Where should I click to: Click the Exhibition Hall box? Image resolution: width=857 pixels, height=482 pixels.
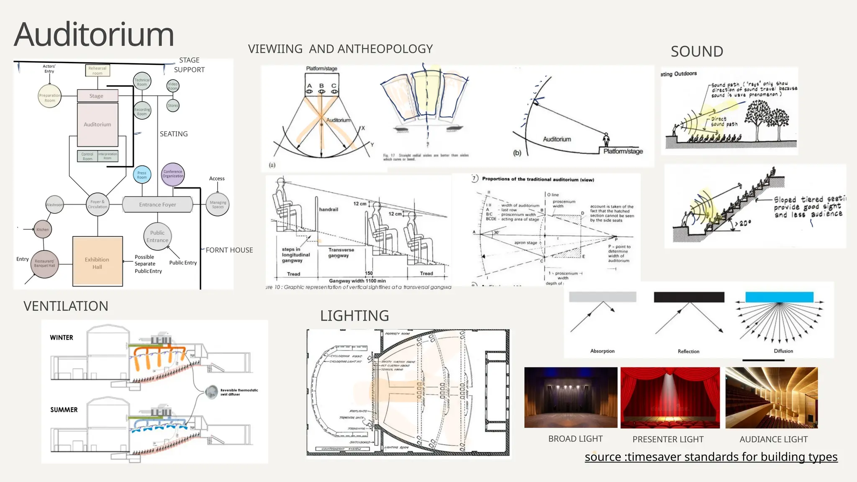(98, 262)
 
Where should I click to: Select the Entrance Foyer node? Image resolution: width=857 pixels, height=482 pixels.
(157, 205)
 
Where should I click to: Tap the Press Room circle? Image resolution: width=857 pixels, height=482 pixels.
(142, 175)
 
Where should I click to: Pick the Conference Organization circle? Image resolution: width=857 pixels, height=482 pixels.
(173, 174)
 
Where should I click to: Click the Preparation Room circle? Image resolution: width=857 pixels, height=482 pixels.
(50, 96)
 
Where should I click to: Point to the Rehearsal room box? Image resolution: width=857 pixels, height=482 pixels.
(98, 71)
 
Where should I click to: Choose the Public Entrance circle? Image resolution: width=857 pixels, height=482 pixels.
(157, 236)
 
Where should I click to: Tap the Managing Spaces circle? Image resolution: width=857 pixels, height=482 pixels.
(218, 205)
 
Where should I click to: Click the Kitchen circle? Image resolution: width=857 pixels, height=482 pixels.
(43, 229)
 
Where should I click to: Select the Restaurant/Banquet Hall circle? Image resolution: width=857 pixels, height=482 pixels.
(44, 264)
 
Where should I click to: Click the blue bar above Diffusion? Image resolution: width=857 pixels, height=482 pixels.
(779, 297)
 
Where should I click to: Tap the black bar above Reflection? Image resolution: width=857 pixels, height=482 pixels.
(689, 297)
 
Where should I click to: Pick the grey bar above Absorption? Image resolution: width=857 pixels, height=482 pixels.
(603, 297)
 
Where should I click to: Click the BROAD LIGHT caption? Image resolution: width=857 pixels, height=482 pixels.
(575, 439)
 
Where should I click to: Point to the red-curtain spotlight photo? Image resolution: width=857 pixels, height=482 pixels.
(670, 397)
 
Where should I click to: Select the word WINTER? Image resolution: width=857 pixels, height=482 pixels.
(62, 338)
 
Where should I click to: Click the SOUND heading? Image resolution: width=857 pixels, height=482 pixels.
(697, 51)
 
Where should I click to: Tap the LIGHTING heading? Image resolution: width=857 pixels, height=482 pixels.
(354, 316)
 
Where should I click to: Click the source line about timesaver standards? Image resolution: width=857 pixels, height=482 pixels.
(711, 457)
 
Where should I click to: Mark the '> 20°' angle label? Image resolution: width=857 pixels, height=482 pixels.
(744, 224)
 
